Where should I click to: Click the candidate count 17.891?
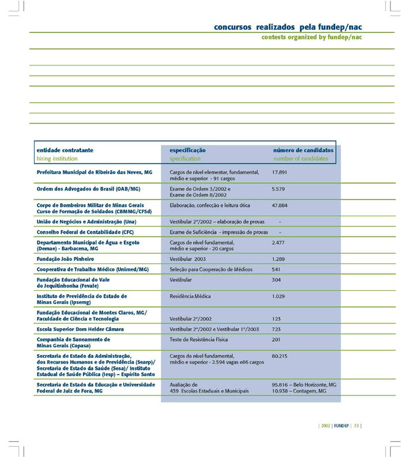[279, 172]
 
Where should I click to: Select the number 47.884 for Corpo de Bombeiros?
[280, 205]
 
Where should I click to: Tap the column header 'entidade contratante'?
[65, 150]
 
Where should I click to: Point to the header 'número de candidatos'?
[303, 150]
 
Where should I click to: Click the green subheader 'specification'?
[185, 158]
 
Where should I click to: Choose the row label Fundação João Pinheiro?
[65, 259]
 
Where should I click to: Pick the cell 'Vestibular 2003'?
[188, 259]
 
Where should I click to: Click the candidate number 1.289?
[279, 259]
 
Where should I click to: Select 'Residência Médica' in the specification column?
[190, 296]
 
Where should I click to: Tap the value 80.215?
[279, 356]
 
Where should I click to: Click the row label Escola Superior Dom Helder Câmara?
[80, 329]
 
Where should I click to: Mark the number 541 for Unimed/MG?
[276, 269]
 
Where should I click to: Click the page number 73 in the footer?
[357, 427]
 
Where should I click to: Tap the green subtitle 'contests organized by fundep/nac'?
[312, 37]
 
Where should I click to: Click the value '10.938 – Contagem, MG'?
[299, 391]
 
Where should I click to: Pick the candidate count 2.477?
[279, 242]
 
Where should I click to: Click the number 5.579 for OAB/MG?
[279, 189]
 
